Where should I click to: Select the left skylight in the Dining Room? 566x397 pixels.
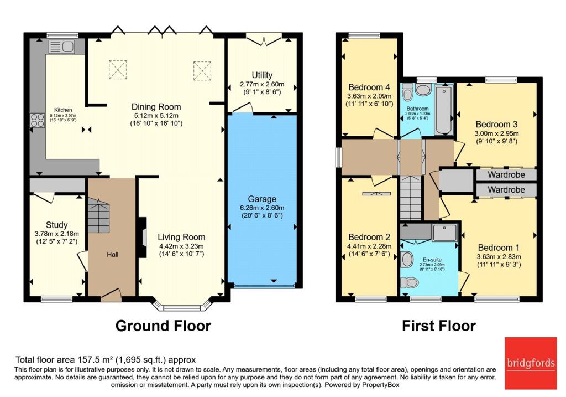[117, 70]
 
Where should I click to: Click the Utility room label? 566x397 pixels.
[262, 75]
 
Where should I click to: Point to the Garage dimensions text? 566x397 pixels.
[262, 212]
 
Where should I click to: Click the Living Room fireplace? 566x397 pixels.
[143, 238]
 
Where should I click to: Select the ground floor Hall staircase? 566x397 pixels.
[98, 216]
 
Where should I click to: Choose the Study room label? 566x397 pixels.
[56, 225]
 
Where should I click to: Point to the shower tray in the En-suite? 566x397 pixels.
[445, 233]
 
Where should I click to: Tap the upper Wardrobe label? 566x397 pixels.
[506, 176]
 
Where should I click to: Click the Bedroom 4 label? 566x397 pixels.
[370, 87]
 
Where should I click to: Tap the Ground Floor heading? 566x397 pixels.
[163, 326]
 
